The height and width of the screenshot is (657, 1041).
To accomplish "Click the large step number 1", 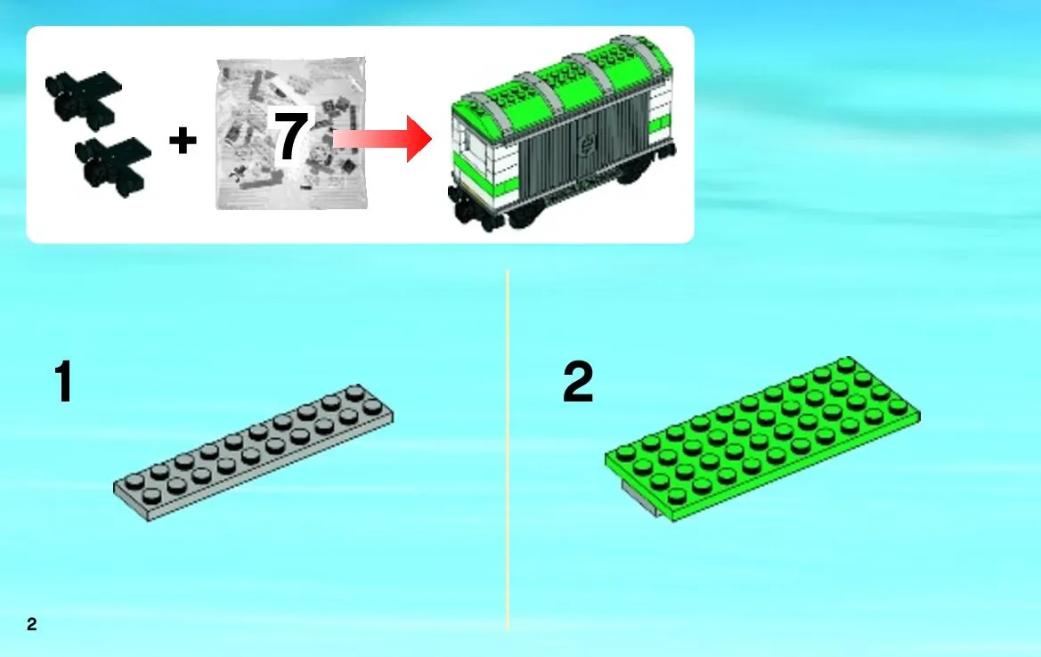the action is click(63, 381).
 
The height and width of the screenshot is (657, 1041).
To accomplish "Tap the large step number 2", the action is click(578, 381).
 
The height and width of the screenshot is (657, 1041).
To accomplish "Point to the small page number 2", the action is click(32, 624).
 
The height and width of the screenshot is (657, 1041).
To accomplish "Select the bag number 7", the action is click(291, 136).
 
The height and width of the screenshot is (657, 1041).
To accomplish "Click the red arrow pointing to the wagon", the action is click(382, 139).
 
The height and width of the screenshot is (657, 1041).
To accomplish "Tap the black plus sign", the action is click(183, 141).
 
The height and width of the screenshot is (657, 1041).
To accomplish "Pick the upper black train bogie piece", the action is click(83, 98).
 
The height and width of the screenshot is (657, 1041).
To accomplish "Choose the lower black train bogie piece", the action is click(113, 166).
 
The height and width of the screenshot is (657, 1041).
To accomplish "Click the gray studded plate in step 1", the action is click(253, 452).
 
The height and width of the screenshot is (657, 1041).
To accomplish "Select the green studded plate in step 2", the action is click(763, 438).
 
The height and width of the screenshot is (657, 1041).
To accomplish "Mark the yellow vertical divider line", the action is click(508, 450).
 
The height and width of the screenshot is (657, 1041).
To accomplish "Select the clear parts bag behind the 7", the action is click(291, 134).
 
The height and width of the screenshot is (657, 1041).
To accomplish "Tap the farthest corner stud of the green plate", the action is click(845, 364).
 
